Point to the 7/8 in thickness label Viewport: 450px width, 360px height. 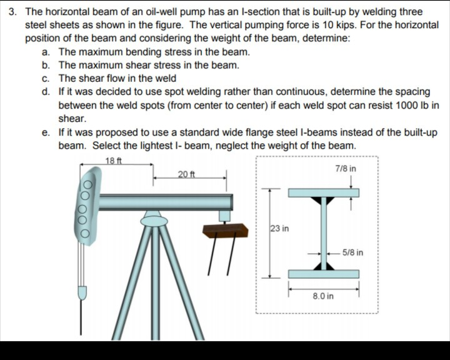(x=346, y=169)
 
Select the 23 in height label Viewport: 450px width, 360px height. (x=279, y=229)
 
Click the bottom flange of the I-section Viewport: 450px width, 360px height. (x=323, y=274)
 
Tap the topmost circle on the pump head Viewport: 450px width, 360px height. (x=89, y=186)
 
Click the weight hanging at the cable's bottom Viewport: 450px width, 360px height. (x=82, y=293)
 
